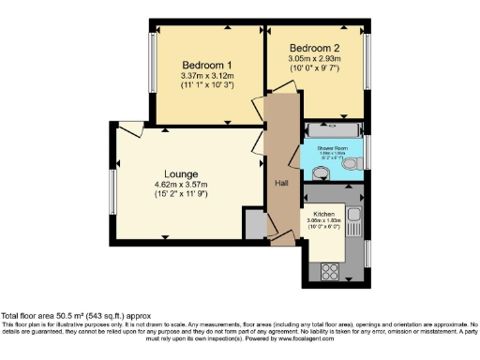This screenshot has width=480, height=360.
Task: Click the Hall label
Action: click(280, 183)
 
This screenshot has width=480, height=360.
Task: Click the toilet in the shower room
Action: click(351, 164)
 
